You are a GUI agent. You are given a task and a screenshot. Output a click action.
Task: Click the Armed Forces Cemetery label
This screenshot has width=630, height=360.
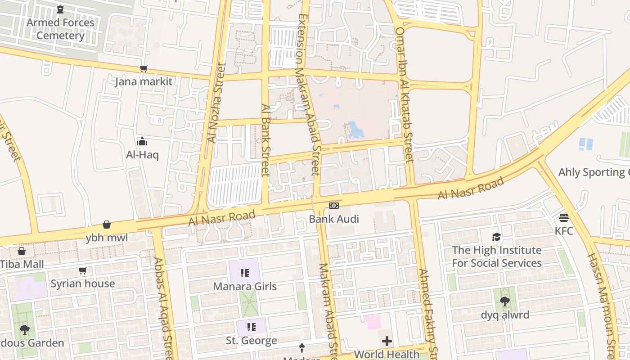tap(60, 29)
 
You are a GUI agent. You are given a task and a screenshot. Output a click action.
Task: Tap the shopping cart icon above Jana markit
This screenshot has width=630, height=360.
tap(144, 69)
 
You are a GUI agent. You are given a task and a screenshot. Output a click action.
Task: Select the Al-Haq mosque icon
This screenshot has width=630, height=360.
tap(142, 142)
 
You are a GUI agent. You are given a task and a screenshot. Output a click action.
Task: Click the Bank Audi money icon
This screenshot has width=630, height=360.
tap(333, 206)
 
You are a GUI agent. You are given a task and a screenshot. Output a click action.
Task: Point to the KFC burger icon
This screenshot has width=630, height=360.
tap(564, 218)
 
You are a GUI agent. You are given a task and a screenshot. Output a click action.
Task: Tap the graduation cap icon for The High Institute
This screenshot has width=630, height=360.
tap(496, 237)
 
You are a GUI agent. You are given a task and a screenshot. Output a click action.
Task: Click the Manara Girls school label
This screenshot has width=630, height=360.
tap(245, 286)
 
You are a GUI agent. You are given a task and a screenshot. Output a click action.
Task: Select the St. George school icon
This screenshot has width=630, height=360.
tap(252, 327)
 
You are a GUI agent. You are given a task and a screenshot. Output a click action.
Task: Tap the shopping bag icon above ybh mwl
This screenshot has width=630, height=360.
tap(107, 225)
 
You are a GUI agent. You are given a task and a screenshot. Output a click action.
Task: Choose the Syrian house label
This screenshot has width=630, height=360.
tap(83, 283)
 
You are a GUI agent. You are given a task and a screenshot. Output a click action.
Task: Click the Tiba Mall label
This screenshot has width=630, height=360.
tap(22, 264)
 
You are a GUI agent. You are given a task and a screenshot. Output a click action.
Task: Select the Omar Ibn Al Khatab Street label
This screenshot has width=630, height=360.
tap(404, 94)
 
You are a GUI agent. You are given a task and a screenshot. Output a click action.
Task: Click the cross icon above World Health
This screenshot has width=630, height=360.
tap(387, 341)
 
